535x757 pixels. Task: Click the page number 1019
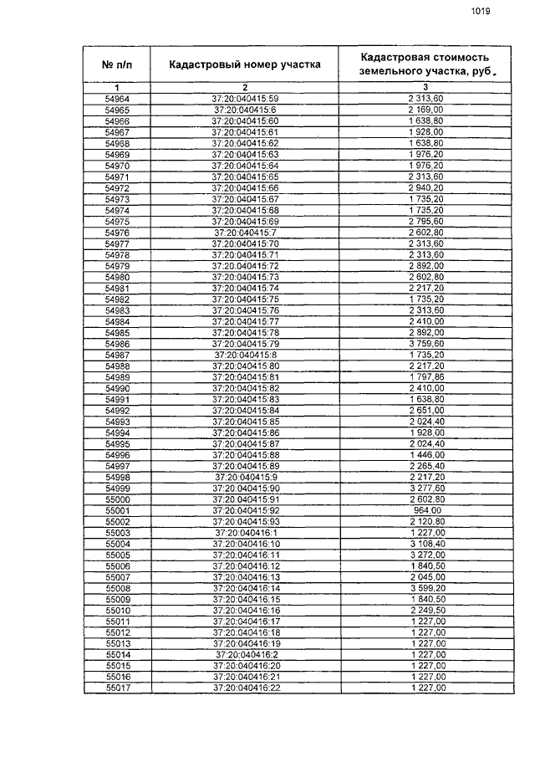coord(480,12)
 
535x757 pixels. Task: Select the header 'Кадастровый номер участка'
coord(245,64)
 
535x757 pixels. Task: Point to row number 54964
coord(117,100)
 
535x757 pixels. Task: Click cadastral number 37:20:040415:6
coord(245,110)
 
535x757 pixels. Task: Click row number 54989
coord(117,377)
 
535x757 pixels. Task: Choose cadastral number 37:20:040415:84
coord(245,411)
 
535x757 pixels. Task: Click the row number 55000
coord(117,499)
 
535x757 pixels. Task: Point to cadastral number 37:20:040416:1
coord(245,533)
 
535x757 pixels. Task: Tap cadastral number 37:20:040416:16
coord(245,610)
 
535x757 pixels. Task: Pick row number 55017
coord(117,688)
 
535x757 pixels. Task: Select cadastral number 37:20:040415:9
coord(245,477)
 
